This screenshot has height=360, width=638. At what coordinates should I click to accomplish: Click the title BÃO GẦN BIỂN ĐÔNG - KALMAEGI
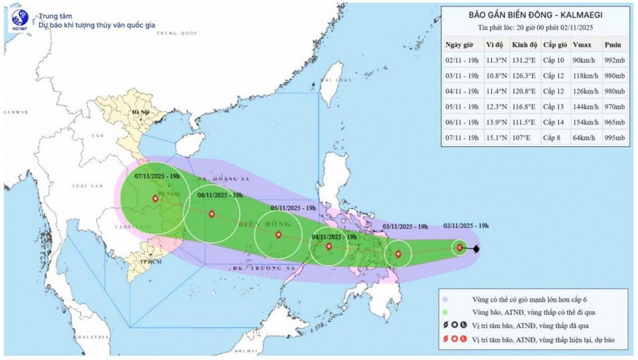click(538, 16)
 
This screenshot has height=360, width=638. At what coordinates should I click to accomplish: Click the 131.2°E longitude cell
click(524, 60)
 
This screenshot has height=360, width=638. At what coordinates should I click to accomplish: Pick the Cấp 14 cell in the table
click(553, 122)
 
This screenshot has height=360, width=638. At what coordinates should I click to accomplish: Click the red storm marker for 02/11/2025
click(460, 247)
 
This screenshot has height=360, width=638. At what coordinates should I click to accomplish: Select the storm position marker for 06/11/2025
click(212, 214)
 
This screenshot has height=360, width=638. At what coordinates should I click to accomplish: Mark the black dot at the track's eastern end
click(477, 249)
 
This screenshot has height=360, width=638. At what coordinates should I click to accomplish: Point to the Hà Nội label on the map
click(140, 113)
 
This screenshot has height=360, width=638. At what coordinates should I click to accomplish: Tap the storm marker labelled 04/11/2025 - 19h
click(329, 246)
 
